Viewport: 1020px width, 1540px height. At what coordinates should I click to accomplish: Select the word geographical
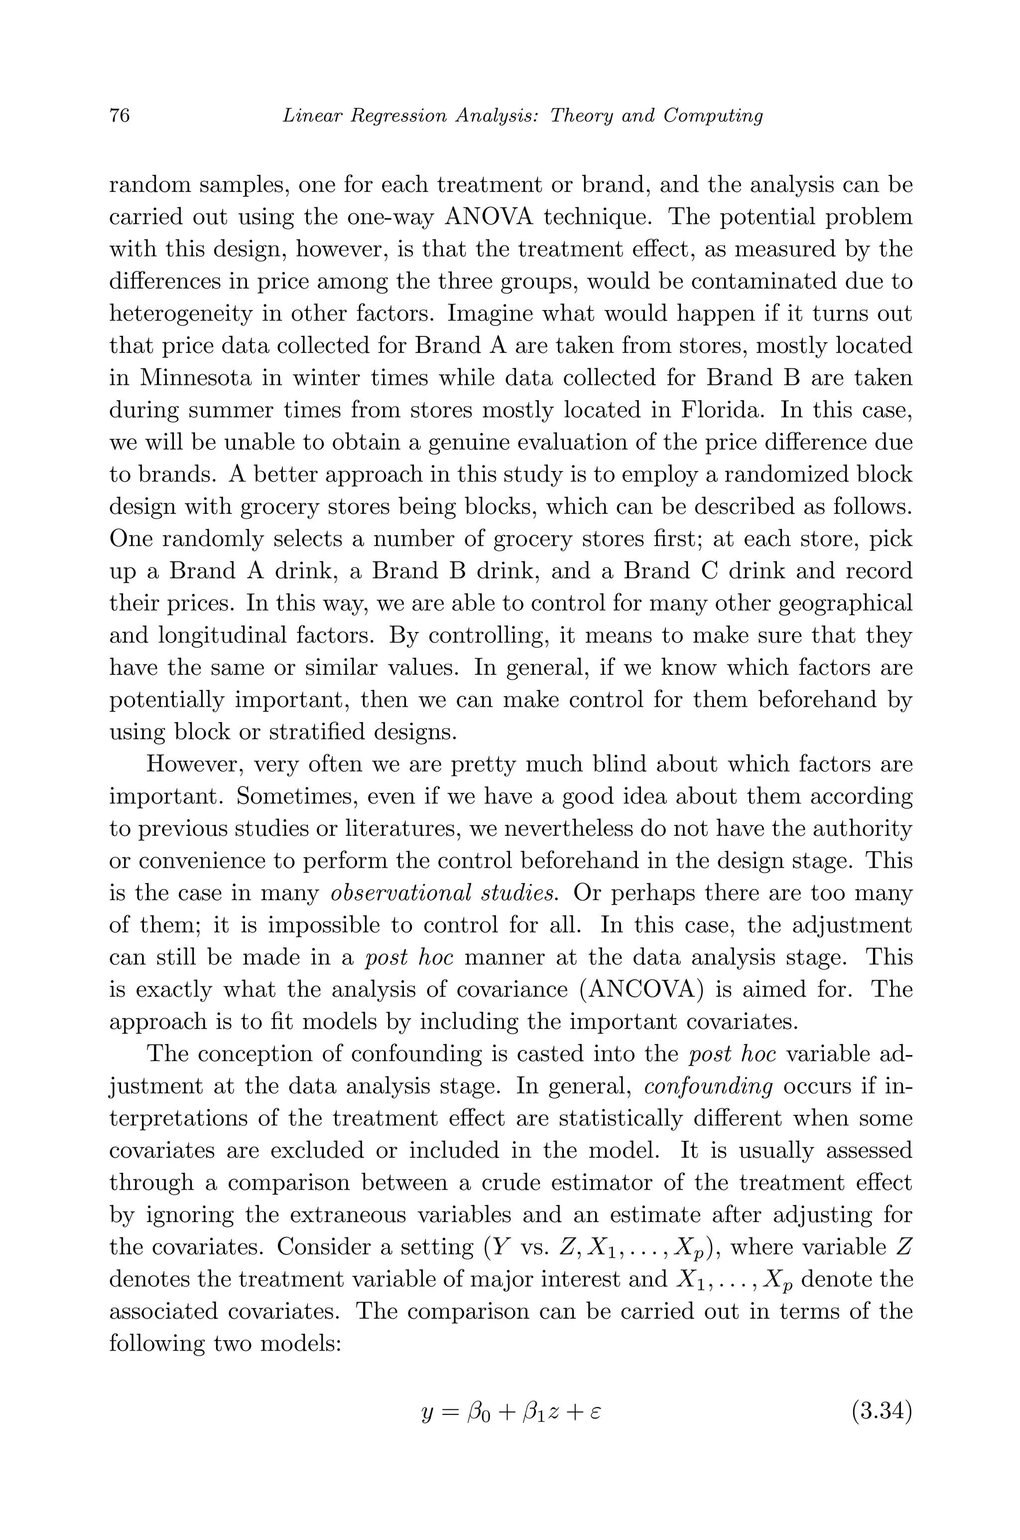click(846, 604)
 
